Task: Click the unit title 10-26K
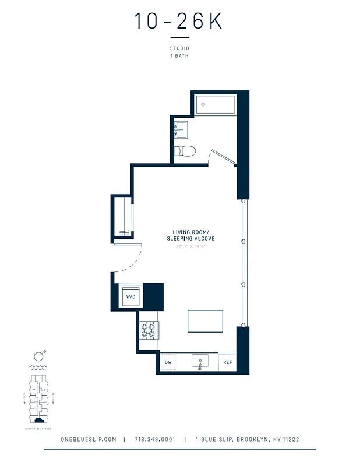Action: (x=179, y=21)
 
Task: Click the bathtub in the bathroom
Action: (x=215, y=105)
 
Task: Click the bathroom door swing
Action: (x=221, y=156)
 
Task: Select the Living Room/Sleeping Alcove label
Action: (x=190, y=235)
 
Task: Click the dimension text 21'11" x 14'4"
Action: (x=190, y=246)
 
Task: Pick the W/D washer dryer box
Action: (x=130, y=296)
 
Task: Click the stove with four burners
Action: (x=149, y=331)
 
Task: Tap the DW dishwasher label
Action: (x=168, y=362)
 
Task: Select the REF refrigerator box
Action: (x=227, y=362)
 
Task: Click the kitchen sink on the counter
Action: (x=200, y=361)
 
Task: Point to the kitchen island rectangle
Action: (x=205, y=321)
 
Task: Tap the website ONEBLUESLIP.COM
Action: (x=89, y=440)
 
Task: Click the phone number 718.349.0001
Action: (x=154, y=440)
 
